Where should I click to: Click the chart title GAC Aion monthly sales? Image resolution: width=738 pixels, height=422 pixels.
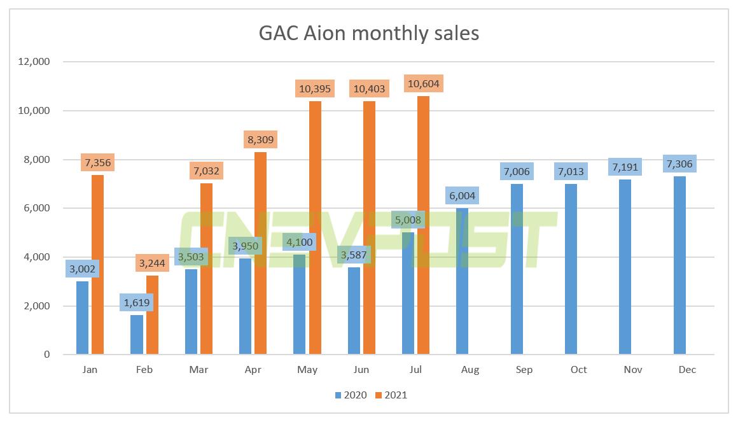[x=368, y=32]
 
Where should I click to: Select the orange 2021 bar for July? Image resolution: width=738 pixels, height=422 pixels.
[x=423, y=225]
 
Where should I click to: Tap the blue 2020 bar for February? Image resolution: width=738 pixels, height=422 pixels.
[x=137, y=334]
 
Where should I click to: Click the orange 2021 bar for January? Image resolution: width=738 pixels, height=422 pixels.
[x=97, y=265]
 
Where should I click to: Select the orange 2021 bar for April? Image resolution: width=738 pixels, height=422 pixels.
[x=260, y=253]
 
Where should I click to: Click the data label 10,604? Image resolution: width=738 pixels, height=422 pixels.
[x=423, y=84]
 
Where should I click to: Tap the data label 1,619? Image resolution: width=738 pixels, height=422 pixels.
[x=136, y=302]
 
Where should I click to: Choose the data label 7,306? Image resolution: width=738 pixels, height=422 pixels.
[x=680, y=164]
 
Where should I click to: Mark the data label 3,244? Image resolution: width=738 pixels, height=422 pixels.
[x=152, y=262]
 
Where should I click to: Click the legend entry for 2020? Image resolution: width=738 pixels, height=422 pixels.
[x=351, y=395]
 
